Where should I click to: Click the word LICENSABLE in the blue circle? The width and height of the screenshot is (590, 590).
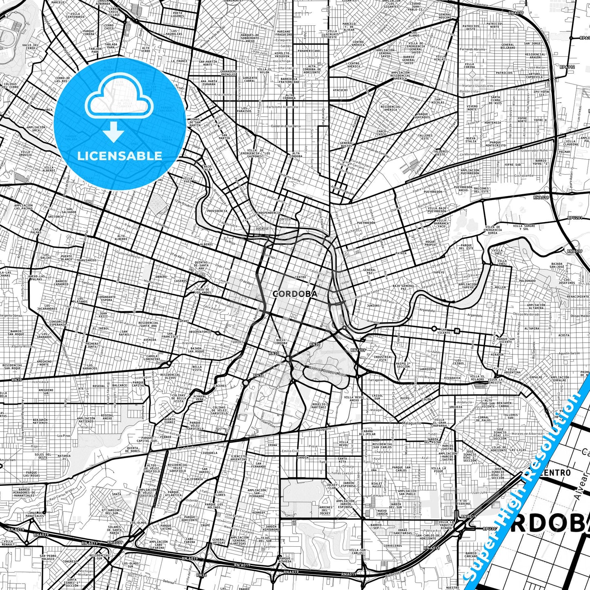[x=120, y=156]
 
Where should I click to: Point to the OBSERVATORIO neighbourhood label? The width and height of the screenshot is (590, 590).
[x=200, y=332]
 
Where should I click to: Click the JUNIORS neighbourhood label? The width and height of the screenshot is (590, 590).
[x=373, y=305]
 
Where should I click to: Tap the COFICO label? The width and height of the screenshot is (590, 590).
[x=285, y=219]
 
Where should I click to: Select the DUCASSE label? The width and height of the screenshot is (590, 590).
[x=262, y=229]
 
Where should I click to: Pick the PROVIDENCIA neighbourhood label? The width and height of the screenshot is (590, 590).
[x=217, y=211]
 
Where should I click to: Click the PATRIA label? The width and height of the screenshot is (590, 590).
[x=401, y=253]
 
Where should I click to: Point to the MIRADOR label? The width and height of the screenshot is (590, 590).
[x=497, y=355]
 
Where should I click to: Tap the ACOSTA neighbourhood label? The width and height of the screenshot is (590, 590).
[x=564, y=335]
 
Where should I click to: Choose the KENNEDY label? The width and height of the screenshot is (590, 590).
[x=258, y=513]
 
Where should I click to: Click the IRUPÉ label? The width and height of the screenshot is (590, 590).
[x=205, y=525]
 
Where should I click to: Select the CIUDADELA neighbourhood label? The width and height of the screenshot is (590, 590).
[x=209, y=452]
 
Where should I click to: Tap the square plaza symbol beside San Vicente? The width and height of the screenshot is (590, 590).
[x=457, y=330]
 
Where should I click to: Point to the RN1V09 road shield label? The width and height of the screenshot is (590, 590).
[x=358, y=350]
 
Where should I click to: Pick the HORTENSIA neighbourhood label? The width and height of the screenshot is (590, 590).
[x=492, y=122]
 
